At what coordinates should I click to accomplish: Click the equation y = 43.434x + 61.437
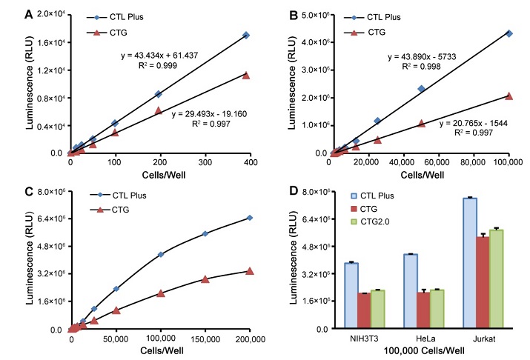[x=158, y=56]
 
